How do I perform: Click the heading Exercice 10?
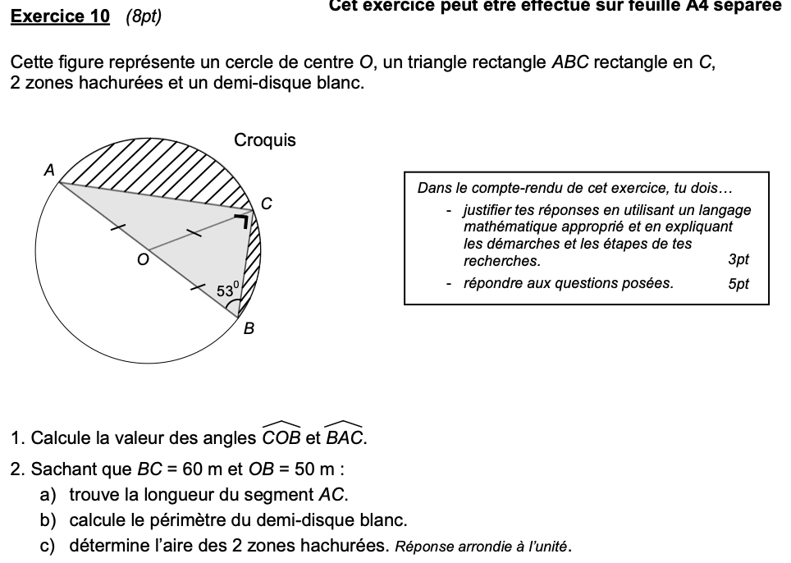pyautogui.click(x=60, y=16)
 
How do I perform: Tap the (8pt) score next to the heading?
pyautogui.click(x=144, y=16)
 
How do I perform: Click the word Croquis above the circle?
pyautogui.click(x=265, y=140)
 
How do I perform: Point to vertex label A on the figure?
pyautogui.click(x=48, y=171)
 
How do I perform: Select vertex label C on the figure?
pyautogui.click(x=267, y=203)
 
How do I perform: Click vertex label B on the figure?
pyautogui.click(x=249, y=329)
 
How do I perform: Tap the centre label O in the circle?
pyautogui.click(x=143, y=260)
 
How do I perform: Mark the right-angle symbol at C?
pyautogui.click(x=242, y=220)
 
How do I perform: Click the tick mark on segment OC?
pyautogui.click(x=194, y=233)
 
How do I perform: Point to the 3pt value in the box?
pyautogui.click(x=738, y=260)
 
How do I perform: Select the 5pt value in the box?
pyautogui.click(x=738, y=284)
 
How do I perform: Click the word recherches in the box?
pyautogui.click(x=501, y=261)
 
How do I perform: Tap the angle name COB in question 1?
pyautogui.click(x=281, y=437)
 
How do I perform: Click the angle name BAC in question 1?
pyautogui.click(x=345, y=437)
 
